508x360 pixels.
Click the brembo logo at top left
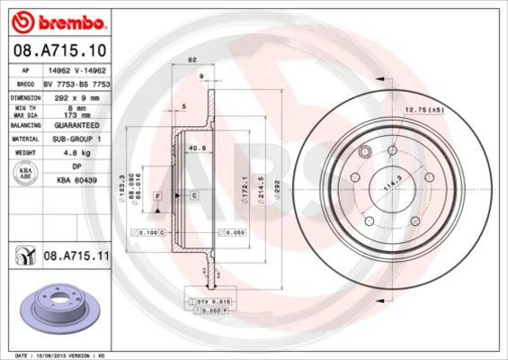(57, 18)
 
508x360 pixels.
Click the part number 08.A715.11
(76, 256)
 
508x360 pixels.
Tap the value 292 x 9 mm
(74, 96)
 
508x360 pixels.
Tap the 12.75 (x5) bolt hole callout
(424, 110)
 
